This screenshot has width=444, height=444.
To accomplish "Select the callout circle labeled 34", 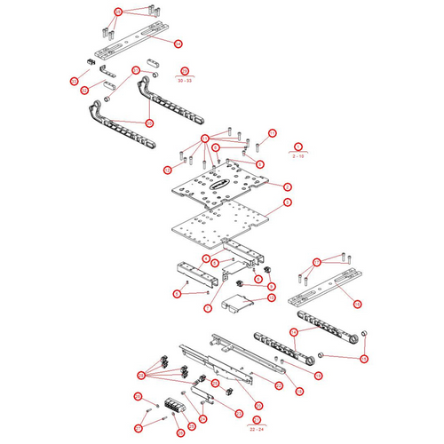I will (x=178, y=44).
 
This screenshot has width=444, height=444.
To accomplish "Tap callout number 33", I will (x=74, y=82).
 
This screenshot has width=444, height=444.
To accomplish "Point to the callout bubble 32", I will (x=84, y=90).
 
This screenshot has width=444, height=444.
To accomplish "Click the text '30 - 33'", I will (x=185, y=81).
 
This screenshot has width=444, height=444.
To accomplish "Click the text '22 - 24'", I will (x=257, y=429).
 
